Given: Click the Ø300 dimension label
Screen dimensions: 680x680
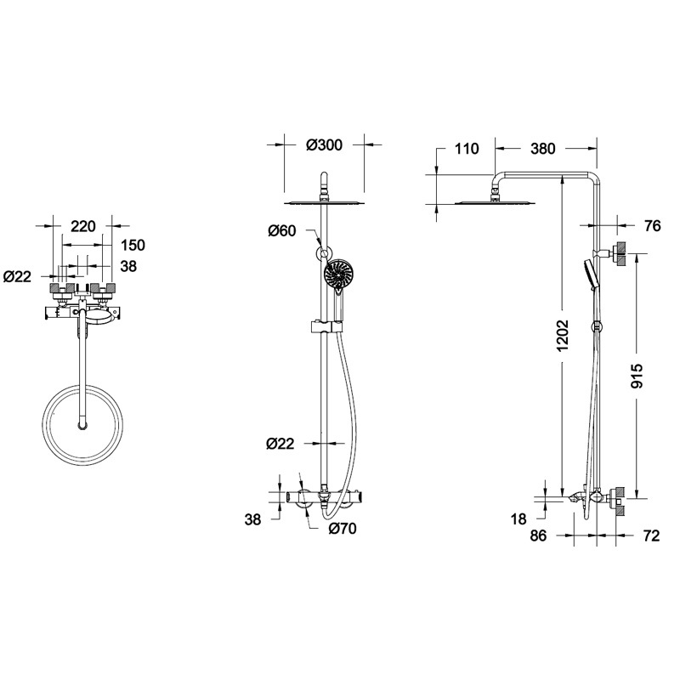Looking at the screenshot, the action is [324, 144].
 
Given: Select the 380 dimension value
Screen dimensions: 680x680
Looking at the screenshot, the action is [542, 149].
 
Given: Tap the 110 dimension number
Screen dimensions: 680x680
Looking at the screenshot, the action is [467, 149].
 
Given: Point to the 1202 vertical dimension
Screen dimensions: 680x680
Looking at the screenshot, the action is [563, 336].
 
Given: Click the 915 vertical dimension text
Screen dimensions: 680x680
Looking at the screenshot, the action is [637, 376].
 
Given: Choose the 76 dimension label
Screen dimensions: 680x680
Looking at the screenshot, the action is [652, 226].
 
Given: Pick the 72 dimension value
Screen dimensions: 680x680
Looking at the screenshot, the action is [651, 535].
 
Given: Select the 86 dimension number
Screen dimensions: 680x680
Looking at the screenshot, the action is [538, 535].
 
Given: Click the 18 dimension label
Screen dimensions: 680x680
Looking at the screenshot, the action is [518, 518].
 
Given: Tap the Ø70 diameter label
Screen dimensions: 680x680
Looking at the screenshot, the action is [343, 528].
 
